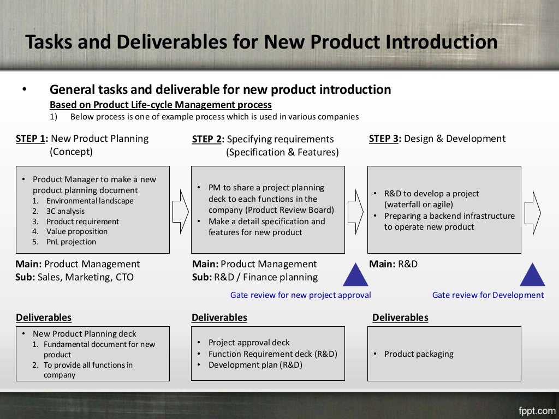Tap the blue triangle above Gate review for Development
tap(532, 275)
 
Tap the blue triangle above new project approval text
tap(356, 275)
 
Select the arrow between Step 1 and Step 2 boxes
tap(180, 209)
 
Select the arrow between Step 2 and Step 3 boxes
tap(355, 209)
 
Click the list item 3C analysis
tap(65, 211)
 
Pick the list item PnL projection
tap(71, 242)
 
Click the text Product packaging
tap(419, 354)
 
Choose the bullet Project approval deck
tap(249, 343)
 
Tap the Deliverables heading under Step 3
tap(400, 318)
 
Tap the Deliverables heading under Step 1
tap(44, 318)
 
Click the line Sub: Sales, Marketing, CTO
tap(74, 277)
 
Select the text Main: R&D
tap(393, 264)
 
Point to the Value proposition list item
tap(76, 231)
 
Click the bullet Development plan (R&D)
tap(255, 365)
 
